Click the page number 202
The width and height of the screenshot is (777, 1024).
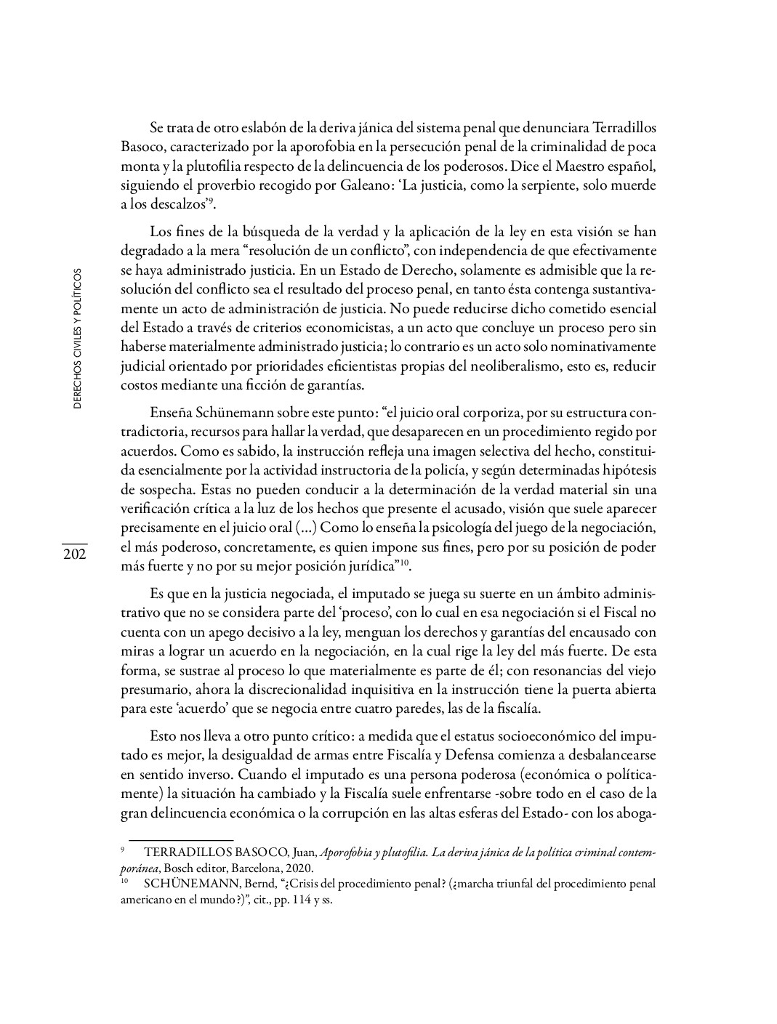click(74, 555)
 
